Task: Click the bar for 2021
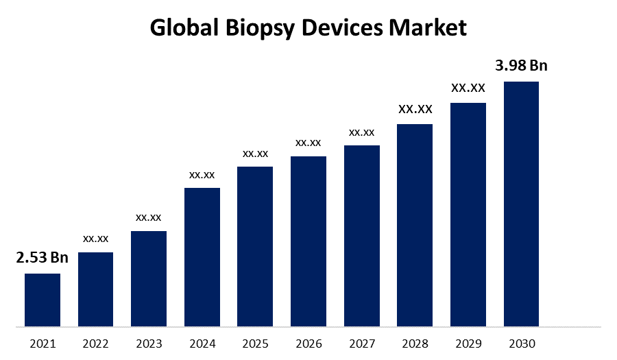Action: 43,300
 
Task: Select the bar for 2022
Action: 95,289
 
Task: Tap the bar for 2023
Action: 149,278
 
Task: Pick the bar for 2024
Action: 202,256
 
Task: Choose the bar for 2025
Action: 255,246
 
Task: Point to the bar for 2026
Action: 308,241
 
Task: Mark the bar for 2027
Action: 361,235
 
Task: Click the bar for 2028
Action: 415,225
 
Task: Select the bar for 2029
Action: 468,214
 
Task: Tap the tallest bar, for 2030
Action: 521,204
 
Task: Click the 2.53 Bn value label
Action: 43,258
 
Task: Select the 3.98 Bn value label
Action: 521,66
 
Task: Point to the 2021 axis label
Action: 43,344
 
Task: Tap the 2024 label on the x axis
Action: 202,344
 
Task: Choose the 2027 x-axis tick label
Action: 361,344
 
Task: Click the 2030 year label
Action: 521,344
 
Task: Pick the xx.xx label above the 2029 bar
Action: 468,88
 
